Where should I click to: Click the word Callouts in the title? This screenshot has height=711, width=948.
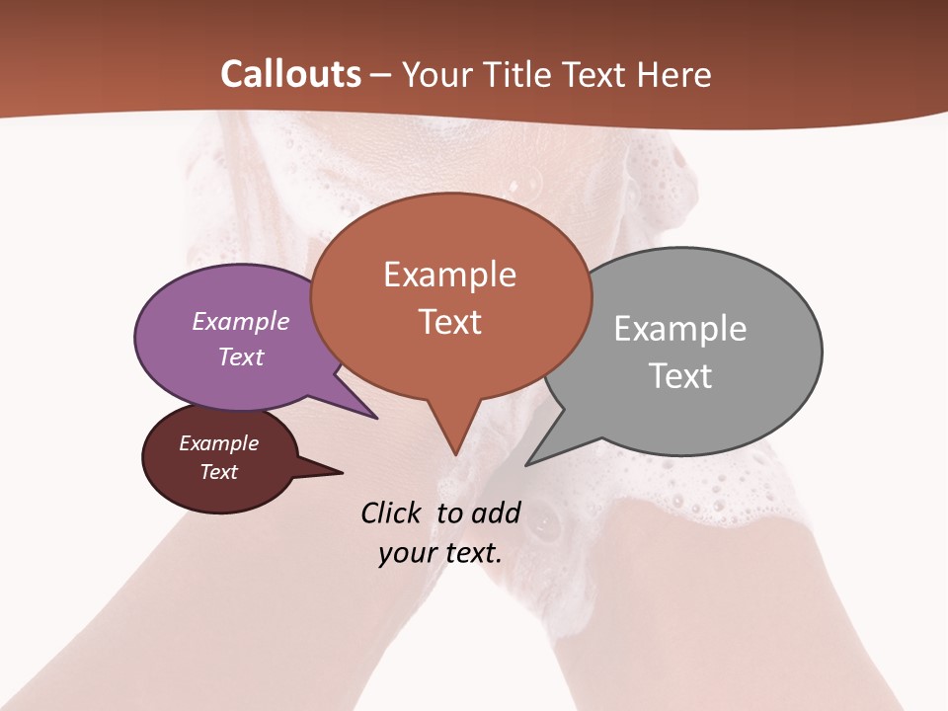[290, 74]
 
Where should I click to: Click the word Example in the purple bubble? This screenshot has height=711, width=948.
[240, 322]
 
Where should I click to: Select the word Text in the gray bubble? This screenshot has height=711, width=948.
[680, 376]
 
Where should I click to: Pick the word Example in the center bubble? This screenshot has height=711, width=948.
[449, 275]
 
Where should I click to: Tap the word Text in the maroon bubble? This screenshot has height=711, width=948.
[218, 472]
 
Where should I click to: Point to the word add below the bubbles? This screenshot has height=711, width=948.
[495, 513]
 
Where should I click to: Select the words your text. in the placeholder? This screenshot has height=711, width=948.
[440, 553]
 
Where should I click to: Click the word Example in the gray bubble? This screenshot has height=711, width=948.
[680, 329]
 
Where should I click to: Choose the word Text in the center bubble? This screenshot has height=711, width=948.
[450, 322]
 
